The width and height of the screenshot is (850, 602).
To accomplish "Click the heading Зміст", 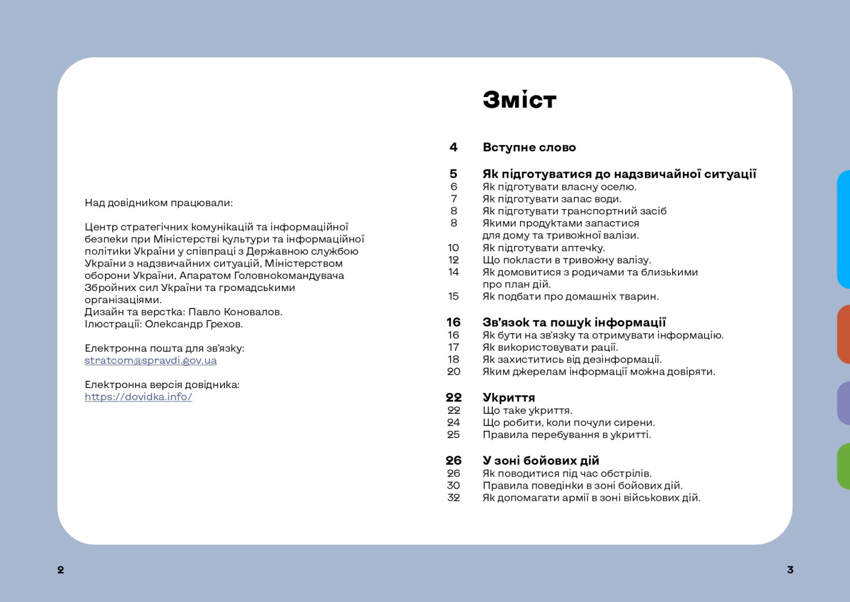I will [519, 100].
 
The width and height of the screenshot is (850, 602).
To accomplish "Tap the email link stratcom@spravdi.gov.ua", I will [150, 360].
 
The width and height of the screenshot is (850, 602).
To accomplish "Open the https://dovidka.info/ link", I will [138, 397].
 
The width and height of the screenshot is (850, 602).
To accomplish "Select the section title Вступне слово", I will [529, 148].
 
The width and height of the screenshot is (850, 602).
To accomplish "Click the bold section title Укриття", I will [509, 398].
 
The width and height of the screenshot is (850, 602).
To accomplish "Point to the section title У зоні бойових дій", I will [541, 461].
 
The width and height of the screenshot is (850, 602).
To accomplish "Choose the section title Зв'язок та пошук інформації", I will [574, 322].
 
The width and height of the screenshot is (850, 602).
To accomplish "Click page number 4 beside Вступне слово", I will [454, 148].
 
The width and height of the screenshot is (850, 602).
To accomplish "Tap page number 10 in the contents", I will [454, 248].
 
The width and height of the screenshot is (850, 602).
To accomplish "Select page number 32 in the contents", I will [454, 498].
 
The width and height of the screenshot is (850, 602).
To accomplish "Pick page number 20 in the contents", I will [454, 372].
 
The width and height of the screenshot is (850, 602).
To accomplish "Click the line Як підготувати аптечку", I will [543, 248].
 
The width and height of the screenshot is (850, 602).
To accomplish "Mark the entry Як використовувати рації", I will [550, 347].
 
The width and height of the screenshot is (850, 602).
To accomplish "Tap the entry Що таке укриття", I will [527, 410].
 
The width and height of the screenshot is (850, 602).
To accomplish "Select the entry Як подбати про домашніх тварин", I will [570, 296].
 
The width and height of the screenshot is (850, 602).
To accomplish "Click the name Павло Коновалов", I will [235, 312].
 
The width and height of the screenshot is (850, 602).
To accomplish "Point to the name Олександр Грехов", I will [194, 324].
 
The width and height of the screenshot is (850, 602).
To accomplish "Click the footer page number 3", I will [790, 569].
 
